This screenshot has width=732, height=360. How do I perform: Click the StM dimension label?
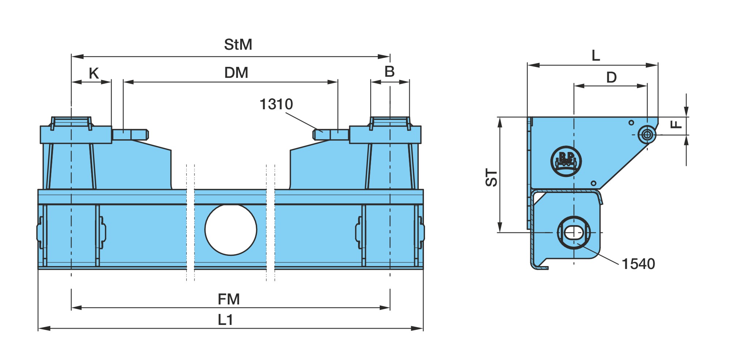(x=238, y=45)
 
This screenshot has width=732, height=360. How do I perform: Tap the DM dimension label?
(x=236, y=73)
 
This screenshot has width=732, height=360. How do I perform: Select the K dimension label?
(x=94, y=73)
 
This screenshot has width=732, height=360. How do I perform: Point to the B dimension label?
(x=390, y=72)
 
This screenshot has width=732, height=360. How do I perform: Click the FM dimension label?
(x=229, y=299)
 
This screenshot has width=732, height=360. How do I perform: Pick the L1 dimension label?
(x=225, y=320)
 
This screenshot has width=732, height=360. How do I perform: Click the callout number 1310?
(x=276, y=104)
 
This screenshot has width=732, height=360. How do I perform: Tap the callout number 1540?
(x=638, y=264)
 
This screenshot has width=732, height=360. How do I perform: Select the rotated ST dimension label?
(x=492, y=178)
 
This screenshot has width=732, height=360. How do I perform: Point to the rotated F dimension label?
(x=676, y=124)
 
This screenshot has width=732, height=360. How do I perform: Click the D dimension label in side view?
(x=611, y=77)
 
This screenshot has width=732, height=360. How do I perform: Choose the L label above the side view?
(x=596, y=56)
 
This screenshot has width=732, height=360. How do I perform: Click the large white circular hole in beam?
(x=231, y=230)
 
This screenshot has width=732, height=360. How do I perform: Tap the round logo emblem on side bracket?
(x=566, y=161)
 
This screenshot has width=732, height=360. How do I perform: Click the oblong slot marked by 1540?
(x=574, y=232)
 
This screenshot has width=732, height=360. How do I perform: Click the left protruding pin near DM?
(x=130, y=134)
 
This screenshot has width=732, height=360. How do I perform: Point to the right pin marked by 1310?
(x=331, y=134)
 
